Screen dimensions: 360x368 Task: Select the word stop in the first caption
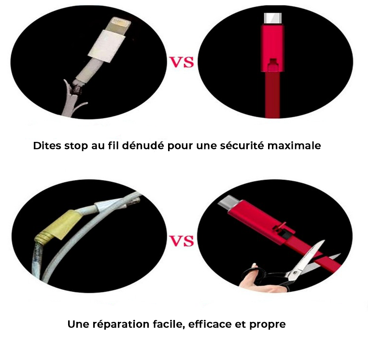[75, 145]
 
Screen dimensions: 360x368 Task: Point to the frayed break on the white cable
[76, 88]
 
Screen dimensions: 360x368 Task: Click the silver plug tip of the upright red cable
[271, 18]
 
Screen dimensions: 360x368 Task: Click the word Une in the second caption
[78, 324]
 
